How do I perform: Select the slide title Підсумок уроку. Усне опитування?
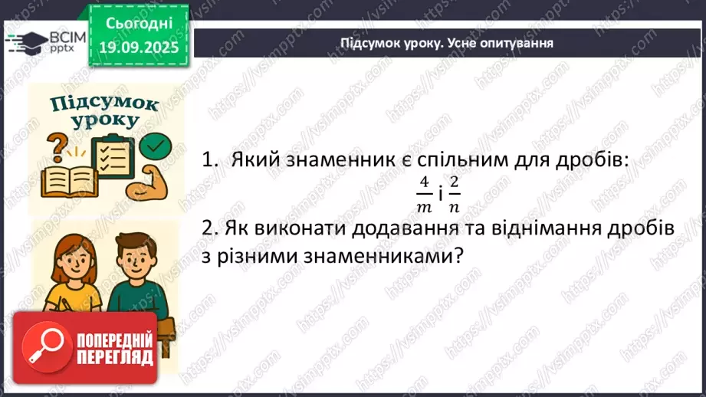(447, 43)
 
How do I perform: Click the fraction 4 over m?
(424, 194)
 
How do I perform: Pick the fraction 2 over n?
(455, 194)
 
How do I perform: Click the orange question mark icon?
(57, 145)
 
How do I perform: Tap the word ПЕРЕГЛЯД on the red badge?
(116, 356)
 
